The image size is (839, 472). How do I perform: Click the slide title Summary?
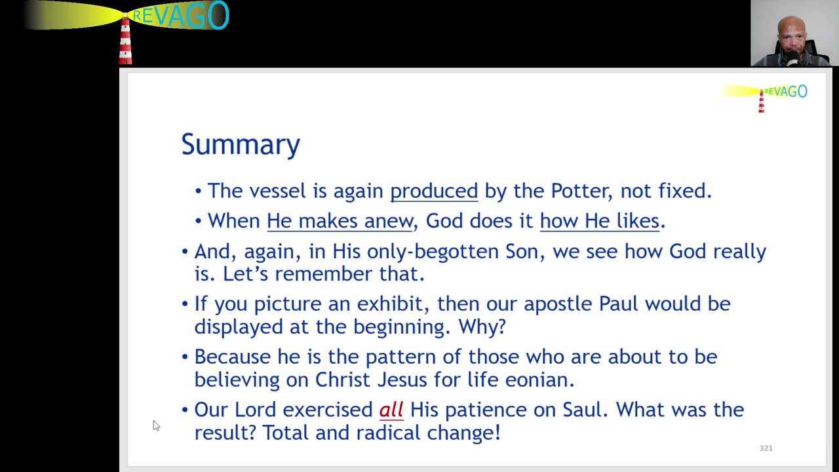click(241, 145)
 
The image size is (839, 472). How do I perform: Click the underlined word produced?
click(434, 191)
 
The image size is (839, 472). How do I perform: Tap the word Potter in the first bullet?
click(581, 191)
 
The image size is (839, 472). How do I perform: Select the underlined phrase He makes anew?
click(340, 221)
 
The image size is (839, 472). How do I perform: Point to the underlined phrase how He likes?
click(599, 221)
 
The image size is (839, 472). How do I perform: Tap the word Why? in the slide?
click(482, 326)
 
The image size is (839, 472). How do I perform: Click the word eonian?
click(539, 380)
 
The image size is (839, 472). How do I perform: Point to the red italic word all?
click(391, 410)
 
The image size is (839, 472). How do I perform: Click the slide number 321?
click(766, 448)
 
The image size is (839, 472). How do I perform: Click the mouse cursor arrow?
click(156, 425)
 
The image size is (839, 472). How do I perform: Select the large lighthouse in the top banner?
click(125, 39)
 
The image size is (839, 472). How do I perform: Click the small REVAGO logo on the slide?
click(765, 96)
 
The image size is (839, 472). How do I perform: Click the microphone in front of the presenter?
click(793, 59)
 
